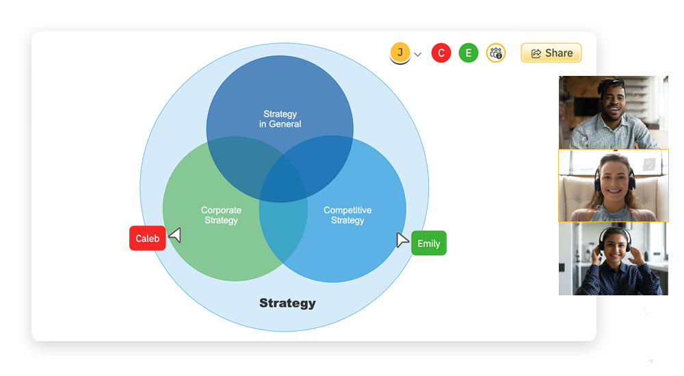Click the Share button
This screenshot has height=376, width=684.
pyautogui.click(x=551, y=53)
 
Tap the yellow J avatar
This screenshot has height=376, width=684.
pyautogui.click(x=400, y=53)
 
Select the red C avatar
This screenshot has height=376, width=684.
pyautogui.click(x=441, y=53)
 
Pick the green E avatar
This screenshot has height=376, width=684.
pyautogui.click(x=469, y=53)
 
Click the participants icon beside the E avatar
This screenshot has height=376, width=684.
pyautogui.click(x=496, y=53)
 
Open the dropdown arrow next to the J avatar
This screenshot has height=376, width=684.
pyautogui.click(x=418, y=55)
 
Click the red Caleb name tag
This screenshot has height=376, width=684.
pyautogui.click(x=147, y=239)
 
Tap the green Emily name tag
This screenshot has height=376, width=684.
pyautogui.click(x=429, y=243)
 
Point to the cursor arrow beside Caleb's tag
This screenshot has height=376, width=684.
pyautogui.click(x=176, y=235)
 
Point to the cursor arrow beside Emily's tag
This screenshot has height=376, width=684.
pyautogui.click(x=402, y=240)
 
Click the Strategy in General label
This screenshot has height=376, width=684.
pyautogui.click(x=280, y=119)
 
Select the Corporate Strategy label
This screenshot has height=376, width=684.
pyautogui.click(x=221, y=215)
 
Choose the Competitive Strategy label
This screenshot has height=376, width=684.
pyautogui.click(x=347, y=215)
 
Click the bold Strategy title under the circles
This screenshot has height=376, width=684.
pyautogui.click(x=287, y=303)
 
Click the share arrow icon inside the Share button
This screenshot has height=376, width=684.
pyautogui.click(x=536, y=53)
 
